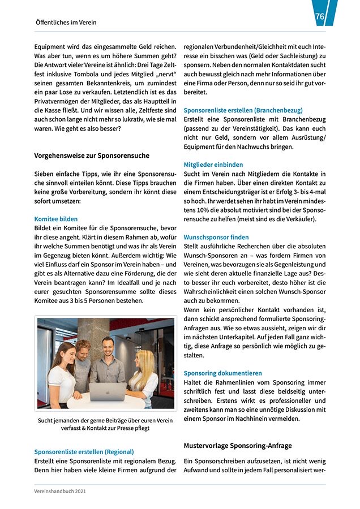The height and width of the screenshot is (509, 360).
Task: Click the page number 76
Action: (x=320, y=17)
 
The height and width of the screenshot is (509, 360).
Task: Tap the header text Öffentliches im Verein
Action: (x=66, y=23)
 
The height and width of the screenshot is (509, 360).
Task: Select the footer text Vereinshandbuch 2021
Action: (x=60, y=491)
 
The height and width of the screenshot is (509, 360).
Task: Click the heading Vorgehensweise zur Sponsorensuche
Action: (x=92, y=155)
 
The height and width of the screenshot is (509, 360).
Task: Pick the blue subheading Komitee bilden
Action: (x=56, y=219)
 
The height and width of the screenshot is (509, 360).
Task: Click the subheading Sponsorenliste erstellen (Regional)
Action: (x=84, y=452)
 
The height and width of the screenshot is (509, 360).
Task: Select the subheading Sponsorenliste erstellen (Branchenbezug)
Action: (x=243, y=110)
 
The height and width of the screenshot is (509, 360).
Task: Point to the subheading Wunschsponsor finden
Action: (x=216, y=238)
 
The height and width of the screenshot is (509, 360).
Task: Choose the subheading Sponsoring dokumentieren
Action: (x=222, y=373)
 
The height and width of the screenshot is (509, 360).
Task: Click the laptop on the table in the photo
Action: (x=108, y=392)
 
